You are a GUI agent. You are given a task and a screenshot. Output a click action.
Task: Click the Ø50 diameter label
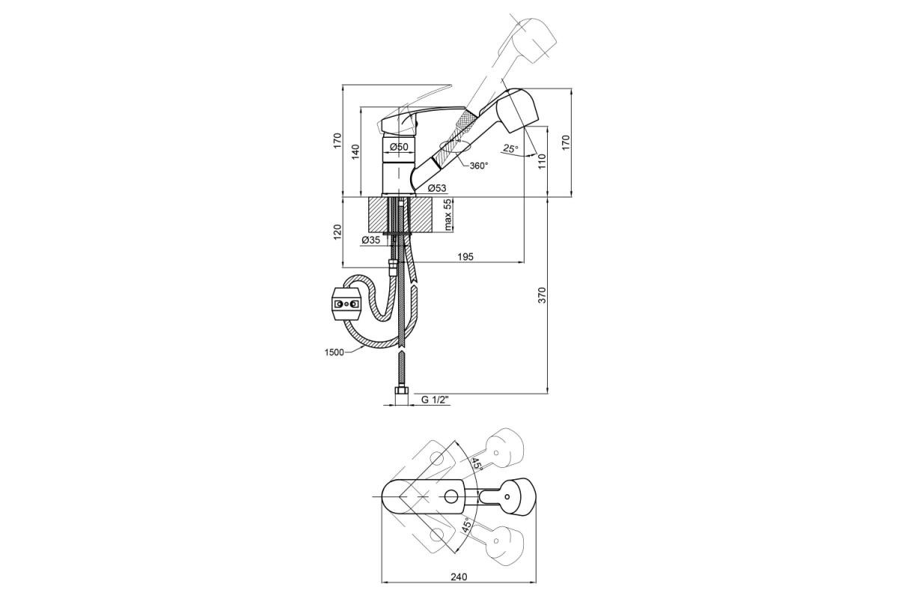pos(399,147)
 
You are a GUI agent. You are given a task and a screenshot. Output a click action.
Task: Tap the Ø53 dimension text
pos(436,188)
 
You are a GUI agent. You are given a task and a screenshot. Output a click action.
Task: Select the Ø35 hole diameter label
pos(371,240)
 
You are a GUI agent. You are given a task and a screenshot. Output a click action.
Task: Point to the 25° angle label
pos(510,148)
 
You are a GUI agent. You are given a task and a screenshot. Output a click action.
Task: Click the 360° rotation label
pos(479,165)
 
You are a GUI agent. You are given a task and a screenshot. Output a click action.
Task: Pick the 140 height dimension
pos(355,152)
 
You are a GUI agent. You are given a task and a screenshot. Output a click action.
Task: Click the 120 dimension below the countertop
pos(337,232)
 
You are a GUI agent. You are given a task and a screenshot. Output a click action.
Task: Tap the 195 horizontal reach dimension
pos(465,256)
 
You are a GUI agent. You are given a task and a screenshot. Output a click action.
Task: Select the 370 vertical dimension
pos(542,295)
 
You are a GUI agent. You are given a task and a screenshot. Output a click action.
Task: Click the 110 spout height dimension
pos(542,161)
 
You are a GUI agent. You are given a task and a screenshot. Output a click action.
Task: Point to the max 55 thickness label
pos(448,215)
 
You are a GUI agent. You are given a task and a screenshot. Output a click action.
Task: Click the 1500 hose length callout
pos(334,352)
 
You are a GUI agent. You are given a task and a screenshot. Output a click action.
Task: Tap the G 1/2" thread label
pos(435,400)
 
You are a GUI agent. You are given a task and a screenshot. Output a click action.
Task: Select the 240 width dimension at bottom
pos(459,577)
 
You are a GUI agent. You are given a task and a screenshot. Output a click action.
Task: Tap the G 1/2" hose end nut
pos(401,396)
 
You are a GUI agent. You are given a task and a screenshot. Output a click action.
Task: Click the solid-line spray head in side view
pos(507,111)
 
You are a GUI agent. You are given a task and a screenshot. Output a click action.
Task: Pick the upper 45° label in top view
pos(476,464)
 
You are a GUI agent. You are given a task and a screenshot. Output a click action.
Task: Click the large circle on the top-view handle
pos(451,497)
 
